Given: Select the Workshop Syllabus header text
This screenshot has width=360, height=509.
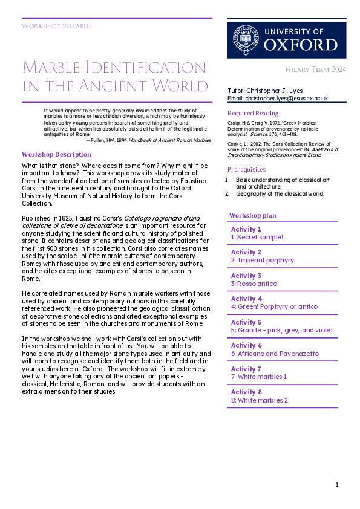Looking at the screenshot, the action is click(56, 26).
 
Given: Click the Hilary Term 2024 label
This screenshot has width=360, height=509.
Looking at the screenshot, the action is click(316, 70).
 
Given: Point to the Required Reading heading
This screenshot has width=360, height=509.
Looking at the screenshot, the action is click(253, 113).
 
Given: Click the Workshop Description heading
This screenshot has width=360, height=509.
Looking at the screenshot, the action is click(56, 154).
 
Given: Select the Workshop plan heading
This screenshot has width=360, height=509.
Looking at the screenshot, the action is click(253, 215).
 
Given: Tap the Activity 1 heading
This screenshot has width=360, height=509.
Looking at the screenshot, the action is click(246, 229).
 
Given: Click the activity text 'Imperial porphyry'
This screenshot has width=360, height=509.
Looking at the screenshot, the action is click(265, 260).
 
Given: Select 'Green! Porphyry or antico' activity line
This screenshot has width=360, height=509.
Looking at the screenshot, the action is click(274, 306).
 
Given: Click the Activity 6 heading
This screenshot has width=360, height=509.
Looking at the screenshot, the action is click(246, 345).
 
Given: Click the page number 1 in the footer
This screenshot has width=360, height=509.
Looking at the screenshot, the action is click(337, 484).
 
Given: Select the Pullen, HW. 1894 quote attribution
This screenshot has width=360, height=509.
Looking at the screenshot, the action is click(148, 140).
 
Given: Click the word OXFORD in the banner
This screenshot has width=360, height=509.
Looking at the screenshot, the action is click(301, 45).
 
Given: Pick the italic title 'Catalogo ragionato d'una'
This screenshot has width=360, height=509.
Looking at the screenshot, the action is click(165, 216).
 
